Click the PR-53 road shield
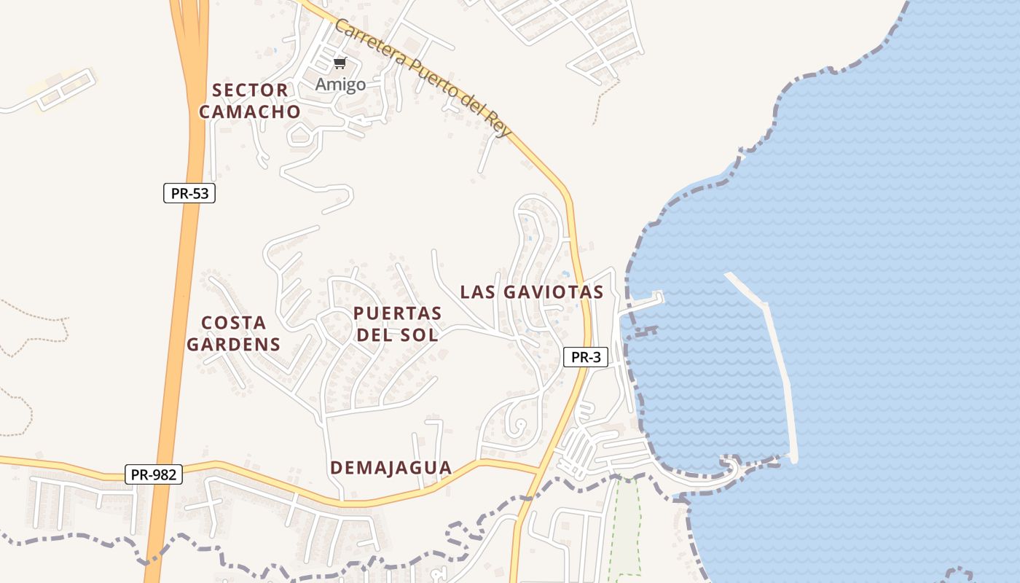189,193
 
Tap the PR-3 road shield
585,357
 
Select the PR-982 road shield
153,474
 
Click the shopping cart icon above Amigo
340,63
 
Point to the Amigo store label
340,85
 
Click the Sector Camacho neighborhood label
250,101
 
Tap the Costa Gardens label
233,333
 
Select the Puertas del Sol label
397,324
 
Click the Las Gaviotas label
532,292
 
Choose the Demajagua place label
391,468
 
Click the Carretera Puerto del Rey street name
423,77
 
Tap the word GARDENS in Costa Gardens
233,344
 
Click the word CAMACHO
250,111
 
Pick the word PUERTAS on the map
397,313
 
